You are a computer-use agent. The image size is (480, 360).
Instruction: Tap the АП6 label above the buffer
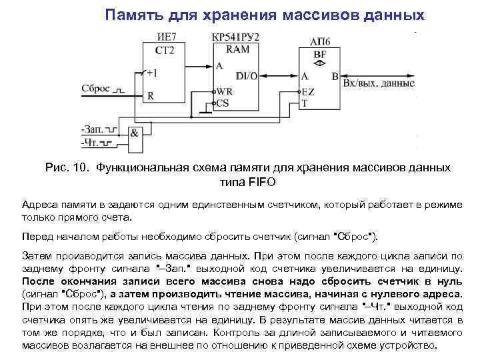tap(320, 41)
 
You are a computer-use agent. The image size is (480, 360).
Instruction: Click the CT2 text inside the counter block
tap(165, 51)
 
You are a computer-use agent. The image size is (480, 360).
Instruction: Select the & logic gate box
tap(135, 133)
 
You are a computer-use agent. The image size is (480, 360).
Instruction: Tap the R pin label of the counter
tap(151, 95)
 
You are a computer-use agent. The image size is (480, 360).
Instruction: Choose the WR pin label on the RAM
tap(225, 91)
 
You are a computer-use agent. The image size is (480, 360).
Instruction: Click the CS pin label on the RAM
tap(223, 103)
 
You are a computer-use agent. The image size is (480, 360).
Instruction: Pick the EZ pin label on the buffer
tap(308, 91)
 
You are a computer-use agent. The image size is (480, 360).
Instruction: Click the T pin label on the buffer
tap(305, 103)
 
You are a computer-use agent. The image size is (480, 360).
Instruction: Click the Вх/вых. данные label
tap(378, 83)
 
